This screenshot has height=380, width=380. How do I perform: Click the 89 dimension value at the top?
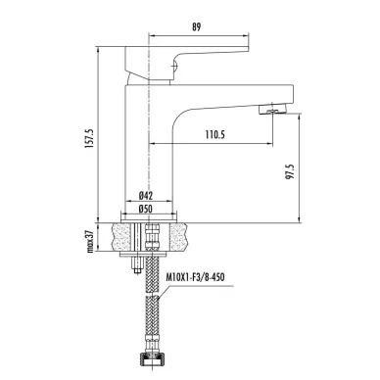tap(196, 26)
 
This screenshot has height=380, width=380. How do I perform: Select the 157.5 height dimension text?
tap(89, 138)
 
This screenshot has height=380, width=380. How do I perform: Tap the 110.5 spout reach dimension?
tap(215, 134)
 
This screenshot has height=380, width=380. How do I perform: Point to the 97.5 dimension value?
tap(290, 170)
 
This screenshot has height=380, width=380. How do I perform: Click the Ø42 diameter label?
tap(146, 196)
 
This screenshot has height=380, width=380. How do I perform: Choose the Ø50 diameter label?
tap(146, 209)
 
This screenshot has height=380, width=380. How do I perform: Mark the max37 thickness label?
tap(90, 241)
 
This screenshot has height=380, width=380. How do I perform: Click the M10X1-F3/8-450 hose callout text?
tap(195, 277)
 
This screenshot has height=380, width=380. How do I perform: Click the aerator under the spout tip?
tap(273, 110)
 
